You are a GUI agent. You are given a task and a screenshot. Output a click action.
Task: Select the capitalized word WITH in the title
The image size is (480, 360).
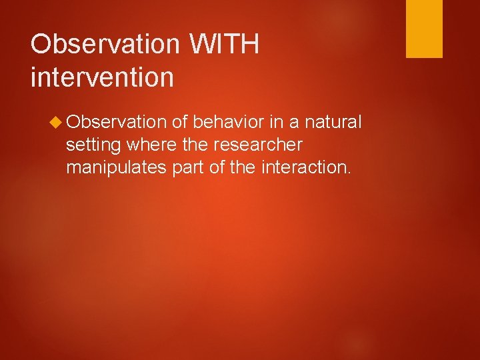click(x=224, y=45)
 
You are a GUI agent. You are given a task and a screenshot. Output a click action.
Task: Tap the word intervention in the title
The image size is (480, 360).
click(x=102, y=77)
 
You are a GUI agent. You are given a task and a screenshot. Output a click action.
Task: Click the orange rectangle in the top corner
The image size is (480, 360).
click(x=425, y=29)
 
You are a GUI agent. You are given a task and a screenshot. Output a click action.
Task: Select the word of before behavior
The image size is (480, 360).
click(x=180, y=122)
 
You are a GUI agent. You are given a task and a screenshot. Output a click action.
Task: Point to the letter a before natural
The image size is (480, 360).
click(x=294, y=122)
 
